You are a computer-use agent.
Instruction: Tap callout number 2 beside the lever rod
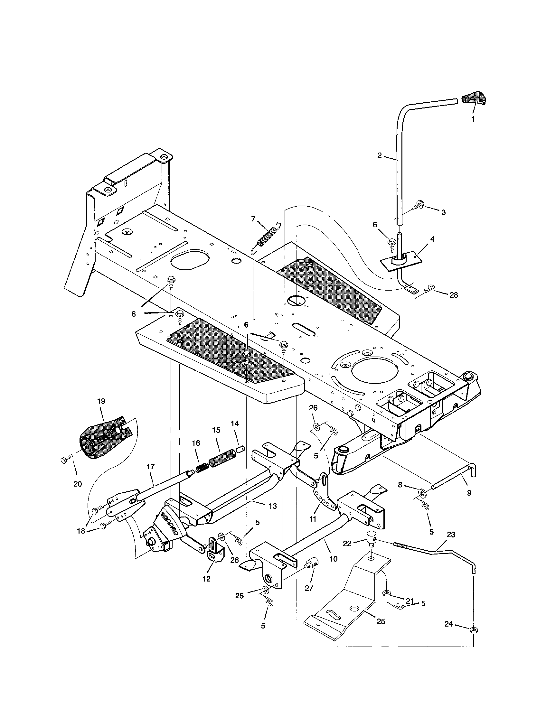click(380, 155)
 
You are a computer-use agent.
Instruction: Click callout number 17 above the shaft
click(150, 467)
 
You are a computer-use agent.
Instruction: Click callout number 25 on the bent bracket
click(381, 621)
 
